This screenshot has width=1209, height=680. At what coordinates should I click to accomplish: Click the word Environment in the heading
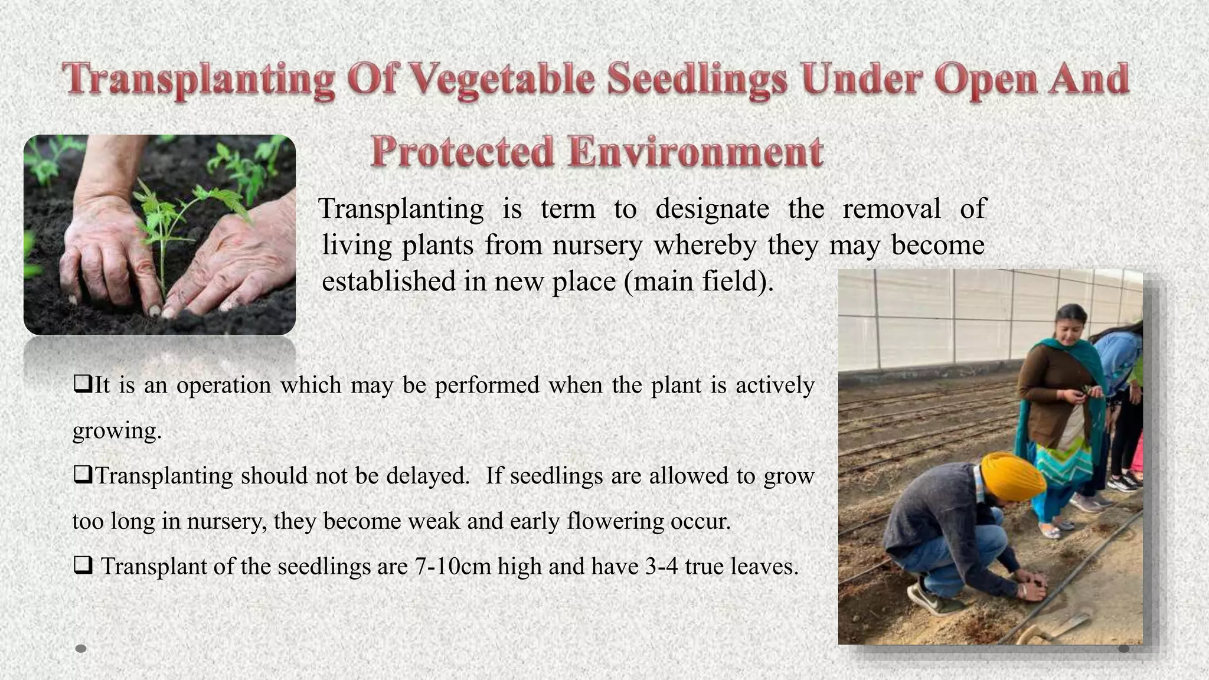(696, 152)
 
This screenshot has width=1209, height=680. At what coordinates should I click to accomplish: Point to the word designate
(712, 210)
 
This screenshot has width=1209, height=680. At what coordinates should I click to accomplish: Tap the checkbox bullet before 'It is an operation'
(82, 384)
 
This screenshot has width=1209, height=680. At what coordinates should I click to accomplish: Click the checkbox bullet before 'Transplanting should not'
(82, 475)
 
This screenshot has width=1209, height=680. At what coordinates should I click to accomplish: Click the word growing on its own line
(116, 431)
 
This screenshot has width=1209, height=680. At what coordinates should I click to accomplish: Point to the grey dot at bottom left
(81, 649)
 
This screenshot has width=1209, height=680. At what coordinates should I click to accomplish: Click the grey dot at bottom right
(1124, 649)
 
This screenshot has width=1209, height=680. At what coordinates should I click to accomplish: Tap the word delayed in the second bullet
(427, 476)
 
